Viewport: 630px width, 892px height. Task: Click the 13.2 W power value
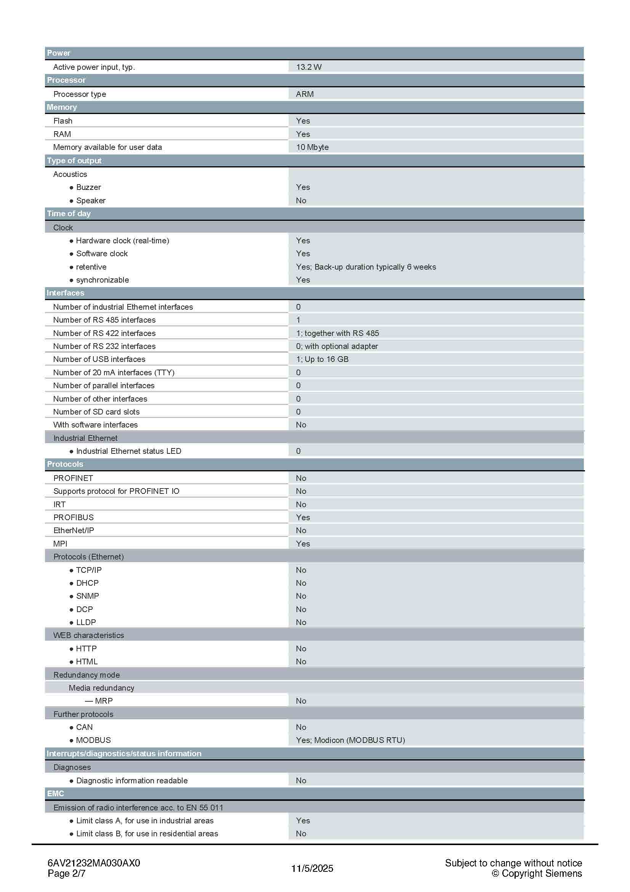(x=309, y=67)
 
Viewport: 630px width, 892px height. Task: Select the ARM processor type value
(x=305, y=94)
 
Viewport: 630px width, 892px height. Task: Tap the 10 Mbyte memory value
(x=312, y=147)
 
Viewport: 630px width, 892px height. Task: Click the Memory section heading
(x=62, y=107)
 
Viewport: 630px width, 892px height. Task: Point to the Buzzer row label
(x=88, y=187)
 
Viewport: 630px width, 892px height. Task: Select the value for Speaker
(x=301, y=201)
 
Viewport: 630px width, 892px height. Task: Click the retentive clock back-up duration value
(x=365, y=267)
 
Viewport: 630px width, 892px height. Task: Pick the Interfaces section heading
(x=65, y=293)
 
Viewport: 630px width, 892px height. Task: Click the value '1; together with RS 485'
(x=337, y=333)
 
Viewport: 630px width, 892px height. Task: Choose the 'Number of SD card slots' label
(x=96, y=412)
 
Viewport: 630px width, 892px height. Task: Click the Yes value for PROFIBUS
(x=303, y=518)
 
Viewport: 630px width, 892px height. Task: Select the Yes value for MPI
(x=303, y=543)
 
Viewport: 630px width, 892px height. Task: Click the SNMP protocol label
(x=87, y=596)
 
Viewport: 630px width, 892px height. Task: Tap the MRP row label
(x=103, y=701)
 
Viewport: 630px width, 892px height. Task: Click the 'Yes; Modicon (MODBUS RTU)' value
(x=350, y=740)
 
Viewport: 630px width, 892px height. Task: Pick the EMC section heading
(x=56, y=794)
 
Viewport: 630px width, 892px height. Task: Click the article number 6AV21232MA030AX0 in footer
(x=93, y=863)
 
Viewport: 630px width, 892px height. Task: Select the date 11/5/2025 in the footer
(x=312, y=868)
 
